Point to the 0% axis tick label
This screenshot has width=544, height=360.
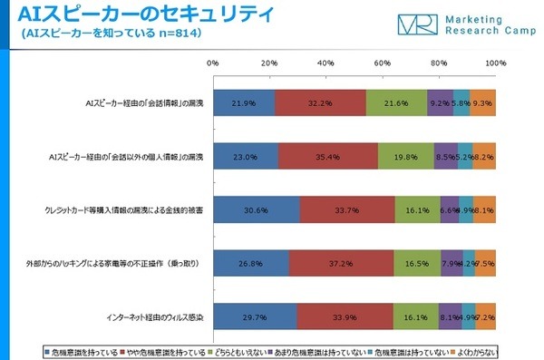click(213, 64)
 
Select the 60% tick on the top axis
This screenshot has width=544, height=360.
click(383, 64)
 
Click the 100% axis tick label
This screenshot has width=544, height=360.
click(495, 64)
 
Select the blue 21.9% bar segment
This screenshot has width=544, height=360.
click(244, 104)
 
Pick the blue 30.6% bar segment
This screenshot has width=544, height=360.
click(256, 209)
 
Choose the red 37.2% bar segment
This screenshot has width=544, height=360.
click(341, 263)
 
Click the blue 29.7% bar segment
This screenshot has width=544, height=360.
click(255, 316)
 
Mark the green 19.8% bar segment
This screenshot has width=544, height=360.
click(405, 156)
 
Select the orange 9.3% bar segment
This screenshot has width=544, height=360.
click(482, 104)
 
